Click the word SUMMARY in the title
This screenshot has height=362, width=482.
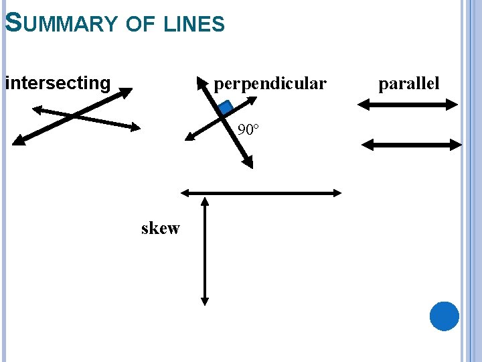click(x=60, y=24)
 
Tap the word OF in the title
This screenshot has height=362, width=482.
click(x=140, y=25)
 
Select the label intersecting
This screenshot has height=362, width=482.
click(x=58, y=83)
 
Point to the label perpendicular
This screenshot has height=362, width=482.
click(x=270, y=84)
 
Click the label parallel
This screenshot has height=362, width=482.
click(x=409, y=84)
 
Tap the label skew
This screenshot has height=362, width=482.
click(x=161, y=229)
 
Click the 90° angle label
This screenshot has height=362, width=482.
click(x=248, y=129)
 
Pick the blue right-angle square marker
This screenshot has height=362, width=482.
click(x=225, y=107)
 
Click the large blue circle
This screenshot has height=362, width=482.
click(x=445, y=316)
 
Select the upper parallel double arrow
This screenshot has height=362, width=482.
click(x=407, y=105)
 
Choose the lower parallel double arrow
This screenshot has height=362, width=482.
click(x=411, y=144)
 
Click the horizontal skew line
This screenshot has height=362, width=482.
click(x=261, y=193)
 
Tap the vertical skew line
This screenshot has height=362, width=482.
click(x=205, y=251)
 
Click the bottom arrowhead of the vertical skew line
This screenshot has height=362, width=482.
click(x=205, y=302)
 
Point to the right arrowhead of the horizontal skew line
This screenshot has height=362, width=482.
click(x=337, y=193)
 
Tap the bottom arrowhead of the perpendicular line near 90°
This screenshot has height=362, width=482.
click(x=249, y=163)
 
